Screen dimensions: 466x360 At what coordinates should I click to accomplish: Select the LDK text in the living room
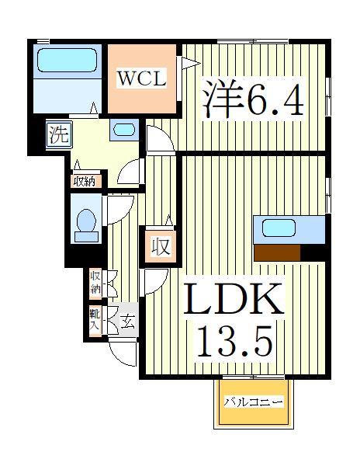click(x=234, y=300)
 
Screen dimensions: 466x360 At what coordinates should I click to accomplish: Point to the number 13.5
click(x=234, y=339)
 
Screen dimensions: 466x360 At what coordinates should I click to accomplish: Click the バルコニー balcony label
click(x=254, y=402)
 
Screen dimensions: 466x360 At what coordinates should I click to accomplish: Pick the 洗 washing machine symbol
click(x=59, y=134)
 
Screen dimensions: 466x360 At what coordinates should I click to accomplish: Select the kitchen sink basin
click(x=277, y=228)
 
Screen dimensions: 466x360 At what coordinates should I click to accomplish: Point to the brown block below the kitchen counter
click(x=277, y=252)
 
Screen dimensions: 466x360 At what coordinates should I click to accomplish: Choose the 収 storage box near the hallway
click(x=160, y=248)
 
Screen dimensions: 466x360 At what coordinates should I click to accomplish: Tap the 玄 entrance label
click(x=126, y=320)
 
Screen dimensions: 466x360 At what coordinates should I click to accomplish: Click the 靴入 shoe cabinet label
click(x=95, y=319)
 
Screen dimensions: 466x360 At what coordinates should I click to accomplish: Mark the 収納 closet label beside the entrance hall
click(x=95, y=283)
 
